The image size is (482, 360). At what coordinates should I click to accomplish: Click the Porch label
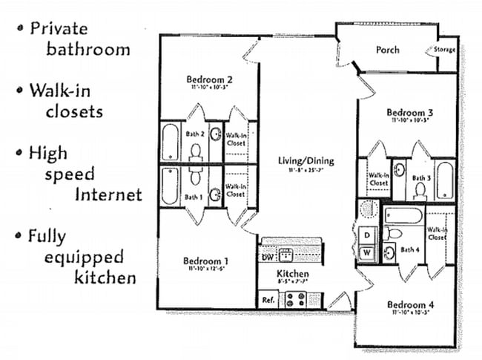[387, 50]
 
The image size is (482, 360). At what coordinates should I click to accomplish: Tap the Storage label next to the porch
[445, 50]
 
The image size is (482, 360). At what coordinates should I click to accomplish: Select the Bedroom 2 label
[210, 79]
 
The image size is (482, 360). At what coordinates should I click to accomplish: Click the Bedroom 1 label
[205, 261]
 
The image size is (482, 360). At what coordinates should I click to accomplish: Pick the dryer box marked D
[367, 235]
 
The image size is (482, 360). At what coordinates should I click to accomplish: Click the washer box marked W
[367, 252]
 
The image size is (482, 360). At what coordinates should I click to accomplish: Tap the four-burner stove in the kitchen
[296, 300]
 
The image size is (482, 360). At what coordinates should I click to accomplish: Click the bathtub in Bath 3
[444, 180]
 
